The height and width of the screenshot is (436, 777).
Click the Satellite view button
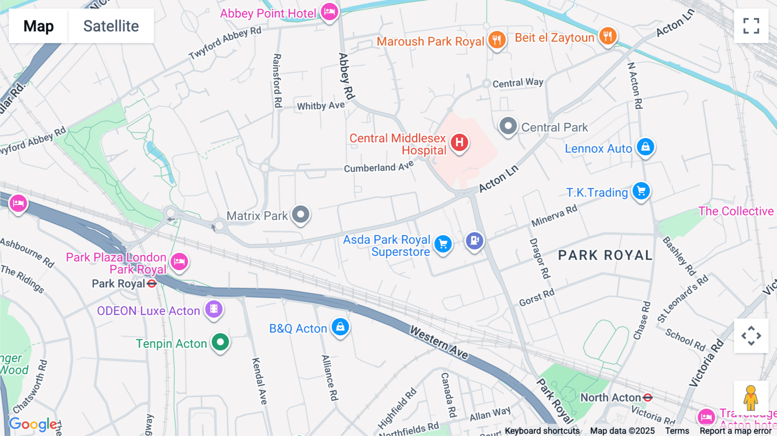pos(111,26)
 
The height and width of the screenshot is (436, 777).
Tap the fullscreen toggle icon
pos(751,26)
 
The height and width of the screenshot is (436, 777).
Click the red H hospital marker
pos(460,142)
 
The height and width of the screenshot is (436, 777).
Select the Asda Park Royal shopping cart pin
pos(443,244)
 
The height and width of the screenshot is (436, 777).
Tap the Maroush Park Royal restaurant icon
pos(497,40)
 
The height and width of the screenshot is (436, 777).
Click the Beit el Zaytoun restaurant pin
pos(608,36)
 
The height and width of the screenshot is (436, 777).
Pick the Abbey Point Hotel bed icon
pos(329,12)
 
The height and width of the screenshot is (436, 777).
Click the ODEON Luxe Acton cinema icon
pos(214,309)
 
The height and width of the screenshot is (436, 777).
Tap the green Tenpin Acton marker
pos(221,342)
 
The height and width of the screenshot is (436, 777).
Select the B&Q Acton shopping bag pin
pos(340,327)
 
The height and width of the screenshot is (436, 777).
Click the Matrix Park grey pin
pos(301,214)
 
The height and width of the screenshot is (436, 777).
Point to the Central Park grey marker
pos(508,126)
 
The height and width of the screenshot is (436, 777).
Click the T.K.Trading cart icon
pos(641,191)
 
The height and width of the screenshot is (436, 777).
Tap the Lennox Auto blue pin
pos(645,147)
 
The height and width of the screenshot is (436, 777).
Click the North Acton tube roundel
pos(647,398)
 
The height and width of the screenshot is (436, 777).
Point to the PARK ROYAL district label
pos(605,255)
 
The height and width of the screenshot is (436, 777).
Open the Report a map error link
pos(736,431)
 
